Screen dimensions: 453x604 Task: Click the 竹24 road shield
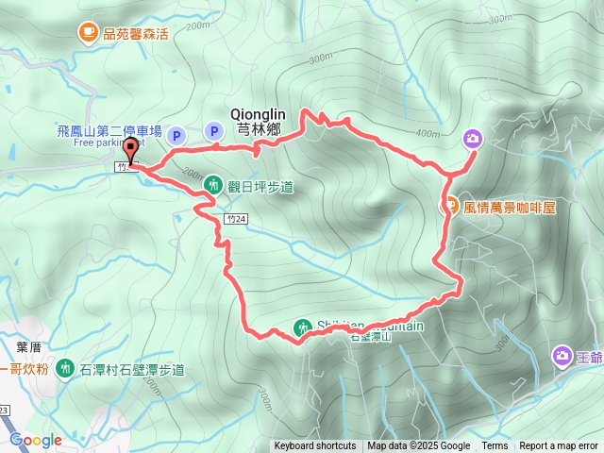click(x=237, y=218)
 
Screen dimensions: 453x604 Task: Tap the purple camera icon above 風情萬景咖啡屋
click(x=473, y=139)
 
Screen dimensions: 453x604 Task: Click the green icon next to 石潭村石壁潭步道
click(x=65, y=367)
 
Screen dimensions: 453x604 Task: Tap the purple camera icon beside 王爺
click(x=562, y=356)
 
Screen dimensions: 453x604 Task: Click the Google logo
click(x=36, y=440)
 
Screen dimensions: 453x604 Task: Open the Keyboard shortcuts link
click(x=315, y=446)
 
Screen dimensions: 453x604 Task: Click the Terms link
click(x=495, y=446)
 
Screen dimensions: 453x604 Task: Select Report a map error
click(x=560, y=446)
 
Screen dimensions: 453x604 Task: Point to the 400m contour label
click(x=428, y=133)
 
